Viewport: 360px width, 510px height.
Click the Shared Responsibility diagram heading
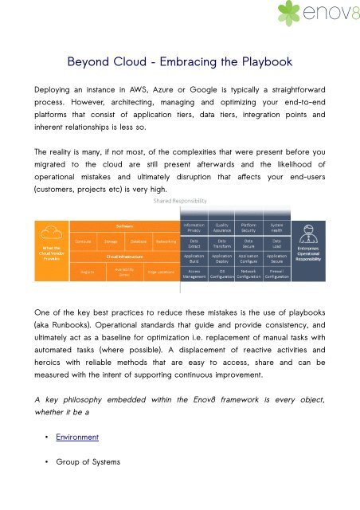(180, 202)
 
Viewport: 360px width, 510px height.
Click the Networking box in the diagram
(166, 240)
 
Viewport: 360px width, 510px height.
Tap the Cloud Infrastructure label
(123, 257)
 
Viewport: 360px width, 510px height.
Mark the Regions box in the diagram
(88, 273)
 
